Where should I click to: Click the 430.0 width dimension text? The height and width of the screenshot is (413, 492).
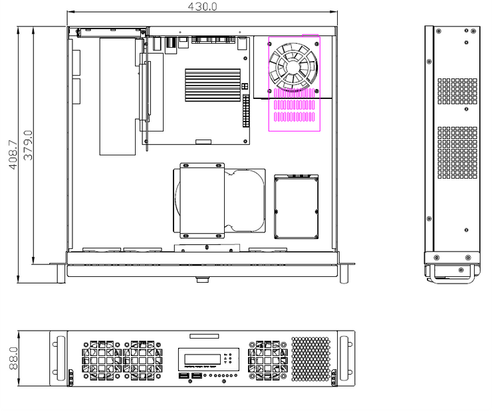pos(202,6)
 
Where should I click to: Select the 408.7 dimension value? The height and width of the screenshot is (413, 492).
pos(13,155)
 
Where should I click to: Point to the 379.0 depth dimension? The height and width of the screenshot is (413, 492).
pos(28,145)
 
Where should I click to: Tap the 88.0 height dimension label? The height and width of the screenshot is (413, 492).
pos(13,358)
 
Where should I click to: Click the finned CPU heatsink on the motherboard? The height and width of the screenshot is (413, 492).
pos(213,85)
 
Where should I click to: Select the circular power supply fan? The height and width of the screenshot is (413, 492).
pos(293,67)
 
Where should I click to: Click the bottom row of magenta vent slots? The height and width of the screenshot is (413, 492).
pos(295,117)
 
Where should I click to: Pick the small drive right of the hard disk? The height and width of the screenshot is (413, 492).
pos(297,207)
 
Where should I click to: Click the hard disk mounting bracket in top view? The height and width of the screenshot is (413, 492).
pos(202,201)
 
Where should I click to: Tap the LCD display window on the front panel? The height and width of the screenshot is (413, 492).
pos(202,359)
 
